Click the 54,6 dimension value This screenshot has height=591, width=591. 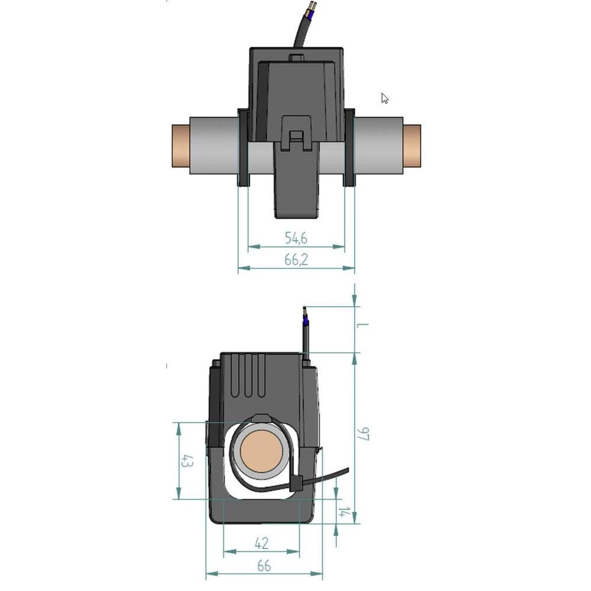(297, 238)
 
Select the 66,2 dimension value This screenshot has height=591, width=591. (297, 260)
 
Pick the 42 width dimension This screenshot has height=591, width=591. (261, 543)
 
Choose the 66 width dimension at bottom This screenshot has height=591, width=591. (264, 566)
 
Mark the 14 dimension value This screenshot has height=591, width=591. (342, 512)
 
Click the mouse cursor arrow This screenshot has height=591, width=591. (384, 98)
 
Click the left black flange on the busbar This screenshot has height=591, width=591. (243, 148)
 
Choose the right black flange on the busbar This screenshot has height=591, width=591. (349, 148)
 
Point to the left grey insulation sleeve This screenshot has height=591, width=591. (213, 146)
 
